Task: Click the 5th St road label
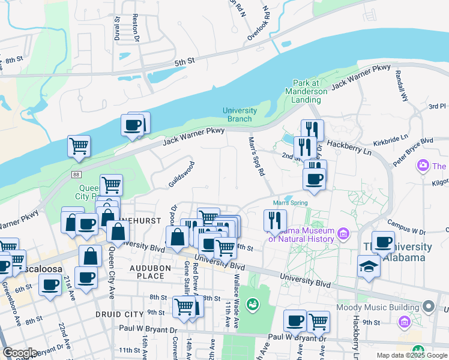(185, 62)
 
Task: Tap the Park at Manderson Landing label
(310, 91)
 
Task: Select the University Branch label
(240, 115)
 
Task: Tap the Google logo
(20, 353)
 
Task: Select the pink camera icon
(423, 165)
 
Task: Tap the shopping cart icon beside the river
(79, 146)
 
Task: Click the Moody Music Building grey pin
(428, 307)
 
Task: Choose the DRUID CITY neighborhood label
(119, 314)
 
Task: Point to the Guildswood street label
(181, 173)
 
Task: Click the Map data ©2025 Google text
(412, 355)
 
